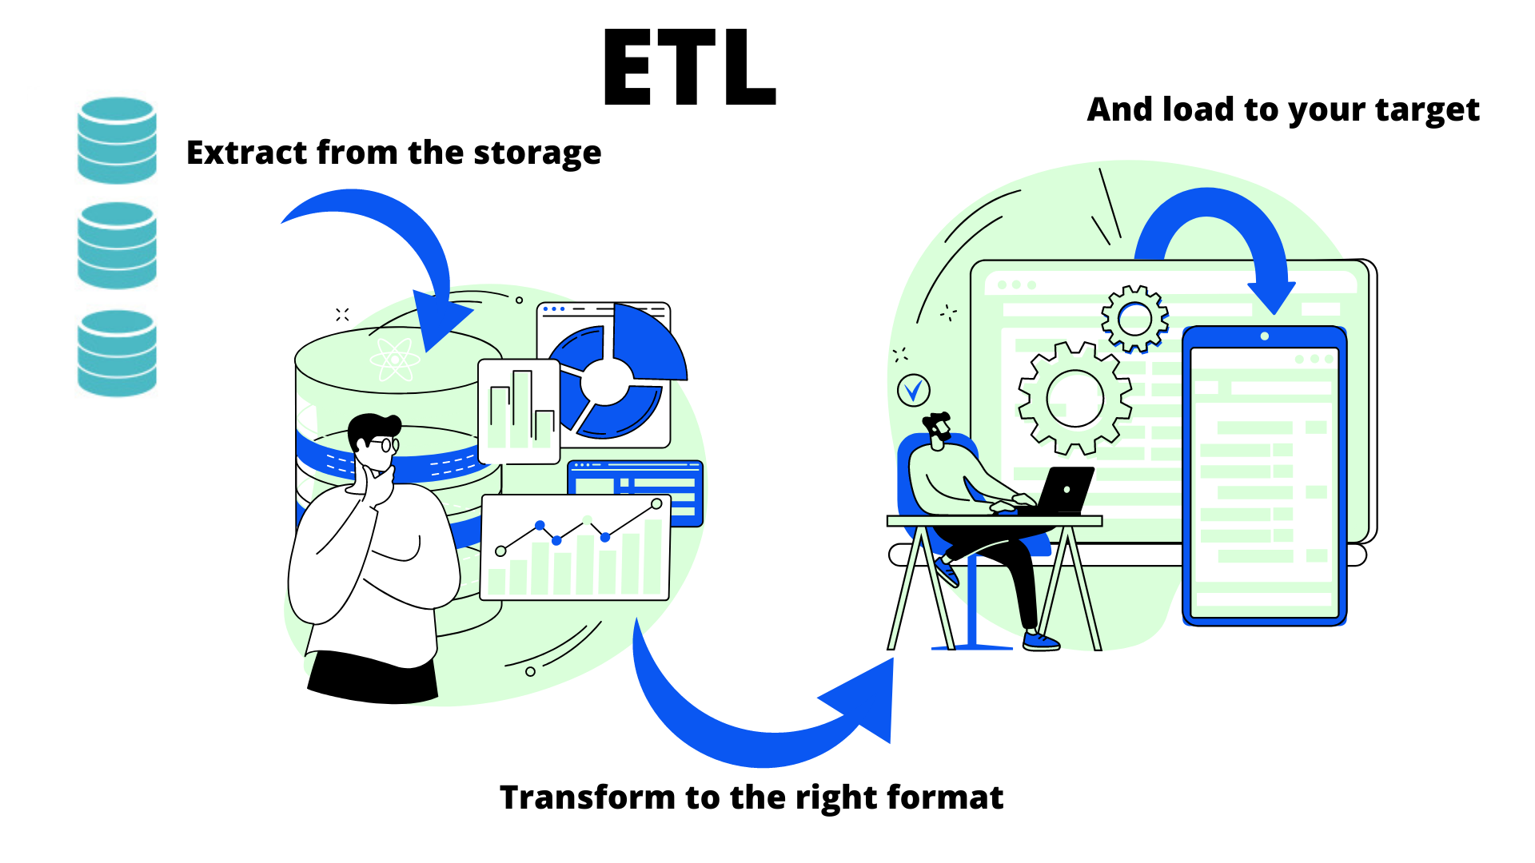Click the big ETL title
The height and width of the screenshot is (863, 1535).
[689, 67]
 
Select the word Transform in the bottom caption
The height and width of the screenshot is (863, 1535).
[588, 797]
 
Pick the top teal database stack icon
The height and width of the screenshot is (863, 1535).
[117, 141]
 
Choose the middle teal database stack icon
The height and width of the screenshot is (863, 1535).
[117, 245]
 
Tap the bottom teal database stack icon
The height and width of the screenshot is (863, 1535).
[117, 353]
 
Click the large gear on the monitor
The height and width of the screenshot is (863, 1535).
[1074, 398]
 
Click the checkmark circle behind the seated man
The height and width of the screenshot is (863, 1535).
[914, 390]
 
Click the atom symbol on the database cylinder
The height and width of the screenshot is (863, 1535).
[395, 360]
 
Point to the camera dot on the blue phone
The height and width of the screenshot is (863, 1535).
[1264, 336]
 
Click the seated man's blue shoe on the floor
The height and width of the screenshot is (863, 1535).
[1041, 641]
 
